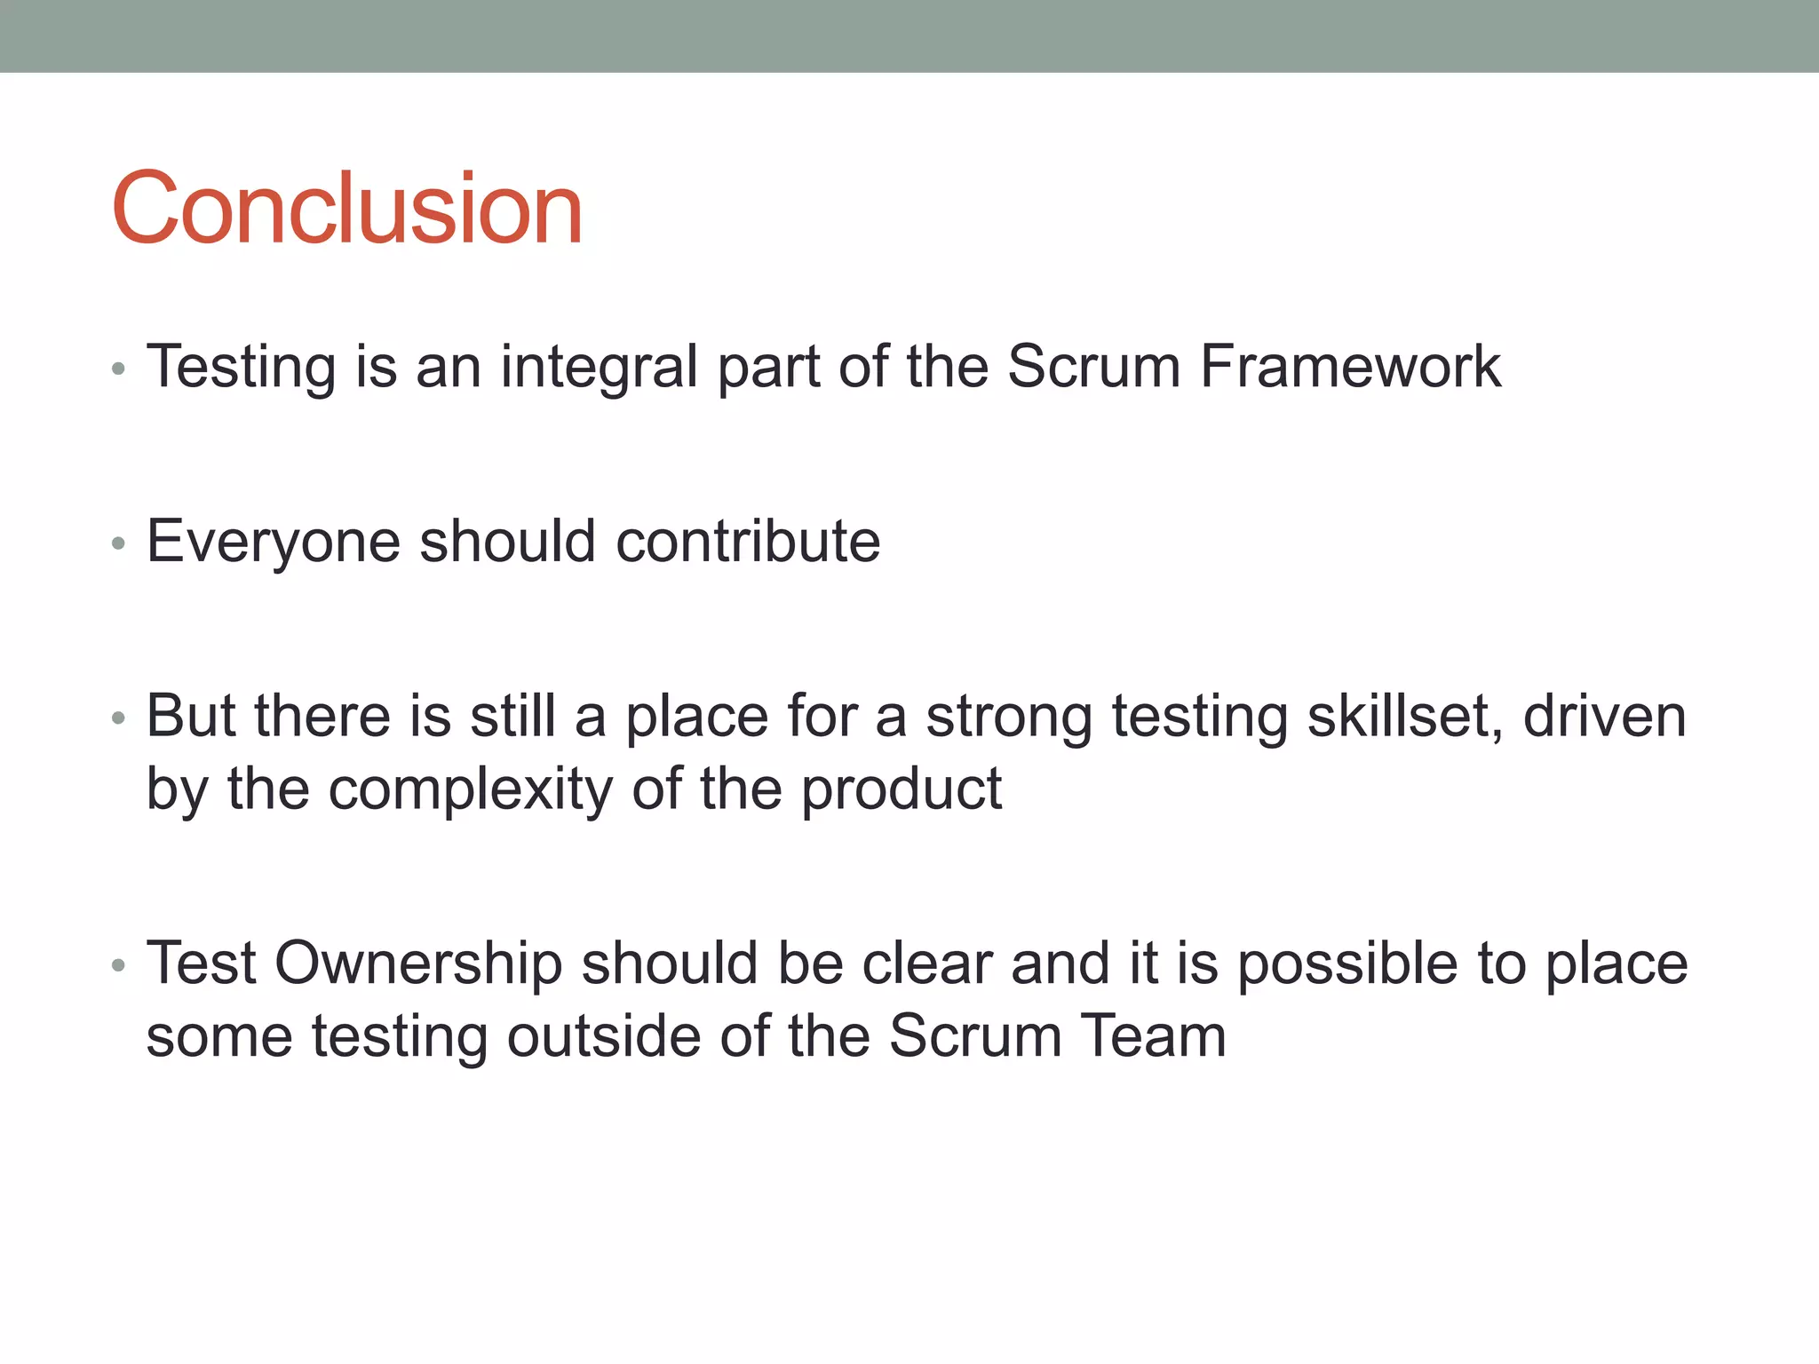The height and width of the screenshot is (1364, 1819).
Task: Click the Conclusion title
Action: [x=346, y=209]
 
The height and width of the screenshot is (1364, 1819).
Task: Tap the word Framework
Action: [x=1350, y=367]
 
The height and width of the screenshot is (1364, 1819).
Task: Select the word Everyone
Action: [x=274, y=542]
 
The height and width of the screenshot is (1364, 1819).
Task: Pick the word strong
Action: [x=1009, y=717]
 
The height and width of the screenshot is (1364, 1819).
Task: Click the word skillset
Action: [x=1405, y=717]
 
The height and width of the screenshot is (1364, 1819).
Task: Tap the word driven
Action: [x=1604, y=717]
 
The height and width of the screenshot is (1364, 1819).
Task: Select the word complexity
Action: [x=471, y=789]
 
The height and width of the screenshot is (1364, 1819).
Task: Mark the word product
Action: [x=902, y=789]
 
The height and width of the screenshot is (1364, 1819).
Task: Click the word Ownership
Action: [x=418, y=964]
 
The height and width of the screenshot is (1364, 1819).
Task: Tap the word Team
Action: [x=1153, y=1036]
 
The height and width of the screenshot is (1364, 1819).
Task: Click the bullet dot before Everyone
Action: [x=119, y=543]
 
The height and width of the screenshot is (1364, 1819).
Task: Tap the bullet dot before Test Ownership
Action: [x=119, y=966]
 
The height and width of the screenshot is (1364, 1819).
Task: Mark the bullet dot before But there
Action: [x=119, y=718]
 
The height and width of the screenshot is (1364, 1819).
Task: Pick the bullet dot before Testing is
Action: [x=119, y=369]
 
